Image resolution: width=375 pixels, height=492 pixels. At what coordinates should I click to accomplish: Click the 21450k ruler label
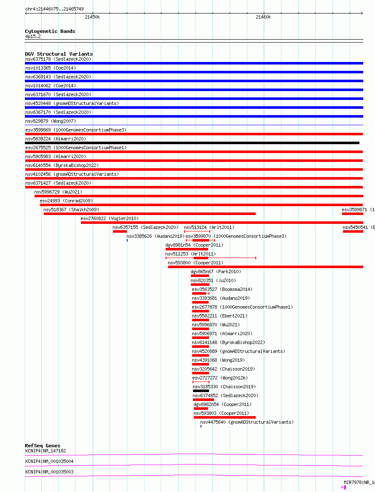(x=92, y=17)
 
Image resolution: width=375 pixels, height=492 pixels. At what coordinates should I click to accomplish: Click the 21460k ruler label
(x=263, y=17)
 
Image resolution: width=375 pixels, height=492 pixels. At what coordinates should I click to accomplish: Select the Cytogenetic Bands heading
(x=50, y=31)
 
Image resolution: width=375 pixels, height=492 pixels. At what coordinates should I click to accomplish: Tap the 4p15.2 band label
(x=33, y=37)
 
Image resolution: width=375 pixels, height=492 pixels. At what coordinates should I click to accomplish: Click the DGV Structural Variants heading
(x=59, y=54)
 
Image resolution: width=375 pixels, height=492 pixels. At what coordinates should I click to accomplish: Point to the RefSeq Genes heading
(x=43, y=446)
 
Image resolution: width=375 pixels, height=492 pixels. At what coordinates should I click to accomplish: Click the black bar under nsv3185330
(x=201, y=391)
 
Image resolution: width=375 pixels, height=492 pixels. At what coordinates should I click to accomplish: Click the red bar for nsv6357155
(x=120, y=231)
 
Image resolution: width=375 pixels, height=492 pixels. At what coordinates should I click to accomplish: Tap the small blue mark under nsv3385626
(x=127, y=240)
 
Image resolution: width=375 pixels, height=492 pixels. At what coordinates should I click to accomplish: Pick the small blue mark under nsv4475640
(x=201, y=426)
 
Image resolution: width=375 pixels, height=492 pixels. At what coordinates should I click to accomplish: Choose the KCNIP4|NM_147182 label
(x=46, y=451)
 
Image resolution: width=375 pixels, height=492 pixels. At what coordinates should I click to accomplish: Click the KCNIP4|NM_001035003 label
(x=49, y=472)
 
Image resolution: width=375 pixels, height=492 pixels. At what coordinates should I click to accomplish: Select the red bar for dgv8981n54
(x=175, y=249)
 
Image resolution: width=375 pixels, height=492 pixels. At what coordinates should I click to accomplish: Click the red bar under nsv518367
(x=150, y=214)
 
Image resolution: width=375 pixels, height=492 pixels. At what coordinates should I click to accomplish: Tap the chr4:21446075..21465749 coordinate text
(x=54, y=9)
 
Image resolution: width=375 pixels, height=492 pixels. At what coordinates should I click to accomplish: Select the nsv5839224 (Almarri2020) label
(x=55, y=139)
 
